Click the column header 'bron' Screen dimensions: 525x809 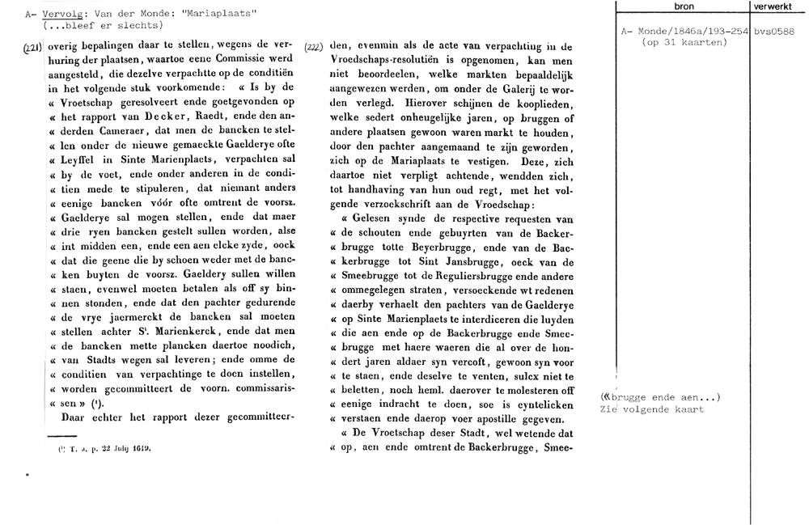pyautogui.click(x=683, y=6)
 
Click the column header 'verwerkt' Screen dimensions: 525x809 pyautogui.click(x=778, y=6)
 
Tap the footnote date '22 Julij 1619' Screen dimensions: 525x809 pyautogui.click(x=121, y=447)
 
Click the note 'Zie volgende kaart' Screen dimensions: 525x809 pyautogui.click(x=652, y=409)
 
